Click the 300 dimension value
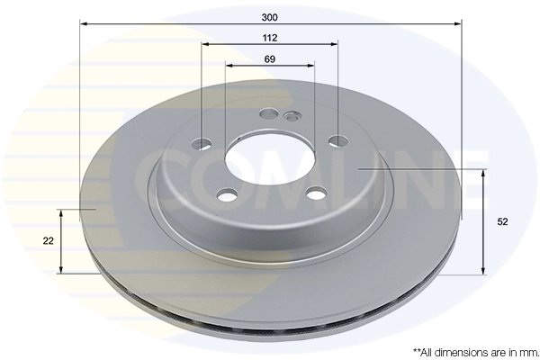(x=269, y=16)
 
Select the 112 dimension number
(x=269, y=37)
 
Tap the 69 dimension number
(x=269, y=58)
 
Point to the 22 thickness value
(x=48, y=240)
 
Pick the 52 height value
(x=502, y=220)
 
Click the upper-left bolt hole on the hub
(x=202, y=143)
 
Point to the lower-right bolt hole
(x=315, y=192)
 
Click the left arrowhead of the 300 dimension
(x=84, y=24)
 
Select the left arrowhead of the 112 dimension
(x=205, y=44)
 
